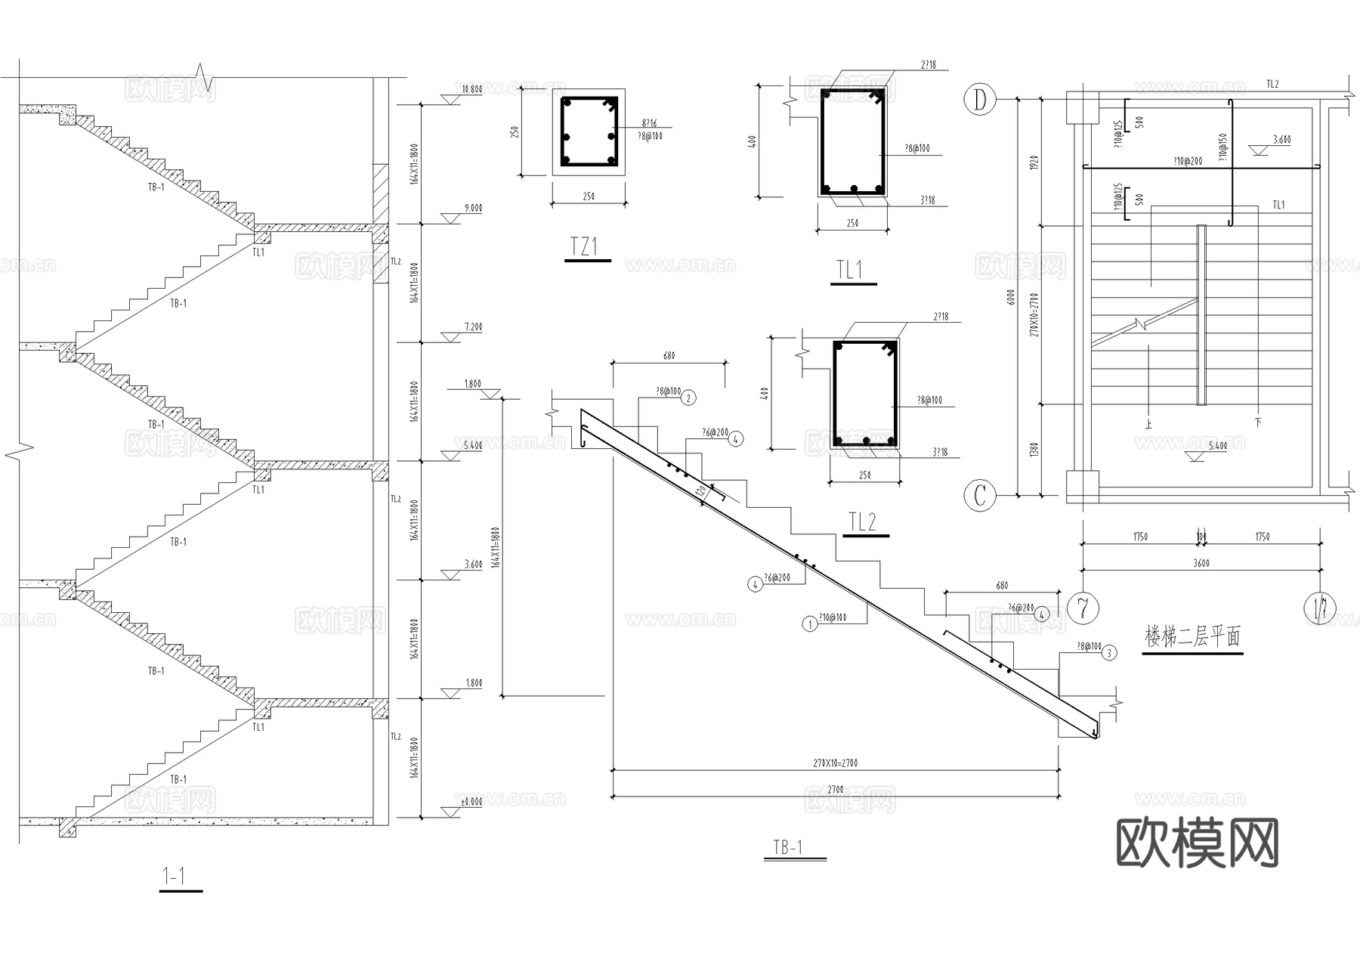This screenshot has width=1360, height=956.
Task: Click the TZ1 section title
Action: coord(585,246)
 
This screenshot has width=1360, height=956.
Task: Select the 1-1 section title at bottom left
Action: coord(175,876)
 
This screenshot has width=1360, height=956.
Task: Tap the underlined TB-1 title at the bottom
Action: coord(788,847)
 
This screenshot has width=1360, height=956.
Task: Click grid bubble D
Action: coord(980,99)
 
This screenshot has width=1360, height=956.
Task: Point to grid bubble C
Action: coord(980,496)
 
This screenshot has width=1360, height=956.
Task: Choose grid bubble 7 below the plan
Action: coord(1083,607)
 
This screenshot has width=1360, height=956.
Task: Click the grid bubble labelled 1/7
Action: coord(1319,608)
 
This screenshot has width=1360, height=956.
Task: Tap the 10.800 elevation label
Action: coord(471,89)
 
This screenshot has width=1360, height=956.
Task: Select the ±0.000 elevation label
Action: coord(471,803)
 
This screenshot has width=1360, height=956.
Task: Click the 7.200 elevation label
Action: coord(472,327)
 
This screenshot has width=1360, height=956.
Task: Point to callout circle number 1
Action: coord(810,624)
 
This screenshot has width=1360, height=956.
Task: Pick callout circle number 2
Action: coord(688,398)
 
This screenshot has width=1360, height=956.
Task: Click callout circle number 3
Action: coord(1108,653)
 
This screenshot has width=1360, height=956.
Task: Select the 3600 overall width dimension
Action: coord(1201,563)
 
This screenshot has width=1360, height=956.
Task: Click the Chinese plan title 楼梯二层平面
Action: coord(1192,636)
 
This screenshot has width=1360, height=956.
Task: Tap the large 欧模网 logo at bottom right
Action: coord(1197,842)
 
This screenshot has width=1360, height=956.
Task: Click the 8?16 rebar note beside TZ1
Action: coord(649,123)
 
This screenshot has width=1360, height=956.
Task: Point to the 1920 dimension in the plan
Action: coord(1034,162)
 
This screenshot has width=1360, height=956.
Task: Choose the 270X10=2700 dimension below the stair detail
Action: coord(835,763)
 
